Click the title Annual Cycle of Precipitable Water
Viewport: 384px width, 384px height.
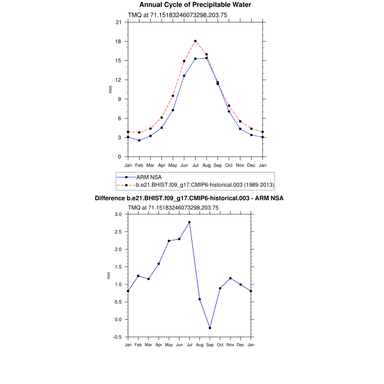coord(195,5)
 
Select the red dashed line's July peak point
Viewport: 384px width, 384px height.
coord(195,41)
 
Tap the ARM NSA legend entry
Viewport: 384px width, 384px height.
coord(149,177)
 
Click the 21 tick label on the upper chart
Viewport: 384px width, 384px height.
coord(118,22)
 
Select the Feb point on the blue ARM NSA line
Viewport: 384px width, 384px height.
coord(139,140)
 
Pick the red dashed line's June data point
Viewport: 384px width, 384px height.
coord(184,61)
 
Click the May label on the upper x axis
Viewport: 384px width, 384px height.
coord(172,165)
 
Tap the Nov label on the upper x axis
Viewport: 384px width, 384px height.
coord(240,165)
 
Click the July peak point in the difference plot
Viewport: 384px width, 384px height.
coord(189,222)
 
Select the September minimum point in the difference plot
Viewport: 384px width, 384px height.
coord(210,328)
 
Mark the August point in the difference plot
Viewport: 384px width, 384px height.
coord(199,299)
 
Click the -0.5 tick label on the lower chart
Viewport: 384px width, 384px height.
coord(117,337)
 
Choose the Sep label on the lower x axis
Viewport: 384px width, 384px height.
coord(210,345)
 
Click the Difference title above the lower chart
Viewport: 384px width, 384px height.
coord(189,198)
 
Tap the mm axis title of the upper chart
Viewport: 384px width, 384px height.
coord(110,89)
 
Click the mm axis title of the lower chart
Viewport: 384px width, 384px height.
coord(109,276)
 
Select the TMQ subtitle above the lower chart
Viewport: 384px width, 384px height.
coord(173,207)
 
